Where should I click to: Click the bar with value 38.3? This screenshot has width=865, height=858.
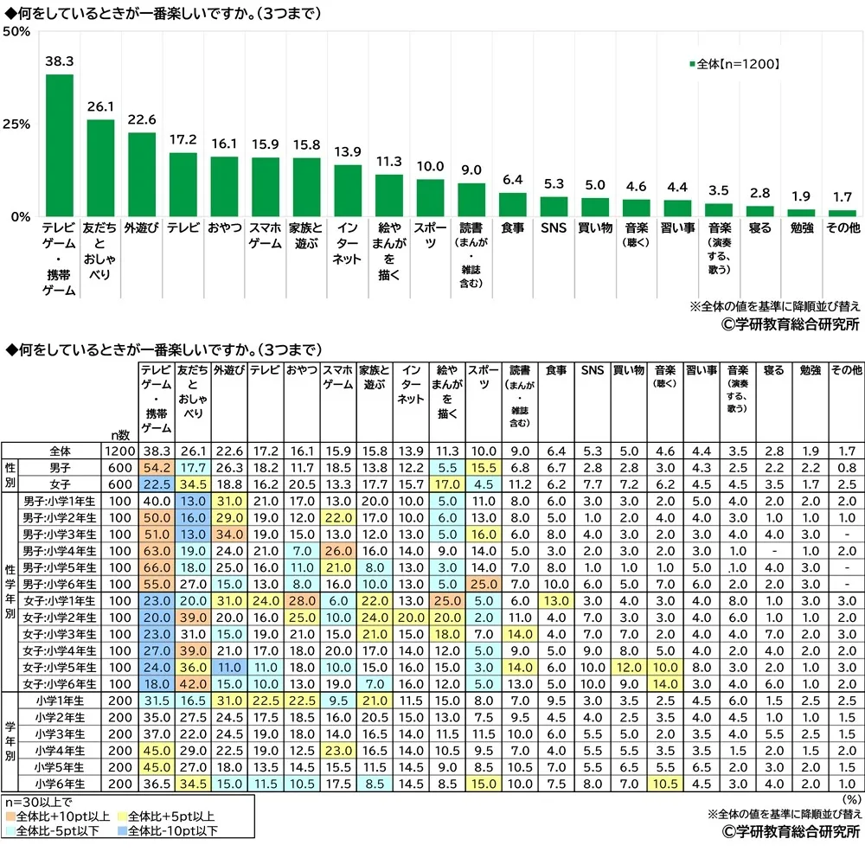[x=60, y=145]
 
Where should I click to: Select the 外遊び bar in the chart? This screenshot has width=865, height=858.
[x=142, y=174]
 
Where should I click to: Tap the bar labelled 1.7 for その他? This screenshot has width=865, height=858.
[x=843, y=212]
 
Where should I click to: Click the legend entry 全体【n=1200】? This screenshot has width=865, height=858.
[x=735, y=63]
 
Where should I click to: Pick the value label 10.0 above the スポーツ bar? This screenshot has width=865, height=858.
[x=431, y=167]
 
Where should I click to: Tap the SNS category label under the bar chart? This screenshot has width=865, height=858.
[x=554, y=228]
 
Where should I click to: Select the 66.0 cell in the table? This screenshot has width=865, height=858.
[x=156, y=567]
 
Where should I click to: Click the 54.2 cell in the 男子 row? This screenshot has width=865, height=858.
[x=156, y=468]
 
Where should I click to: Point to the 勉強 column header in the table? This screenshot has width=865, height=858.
[x=807, y=370]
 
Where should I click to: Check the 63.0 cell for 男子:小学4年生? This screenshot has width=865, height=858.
[x=156, y=550]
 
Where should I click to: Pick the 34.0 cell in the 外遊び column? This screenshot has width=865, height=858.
[x=228, y=534]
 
